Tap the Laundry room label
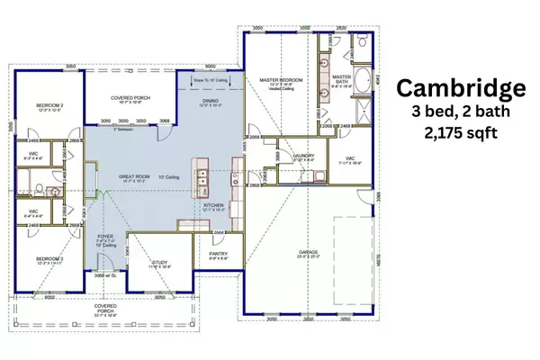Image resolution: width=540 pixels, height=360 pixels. (x=303, y=155)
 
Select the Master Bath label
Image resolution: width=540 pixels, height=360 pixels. (x=342, y=78)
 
